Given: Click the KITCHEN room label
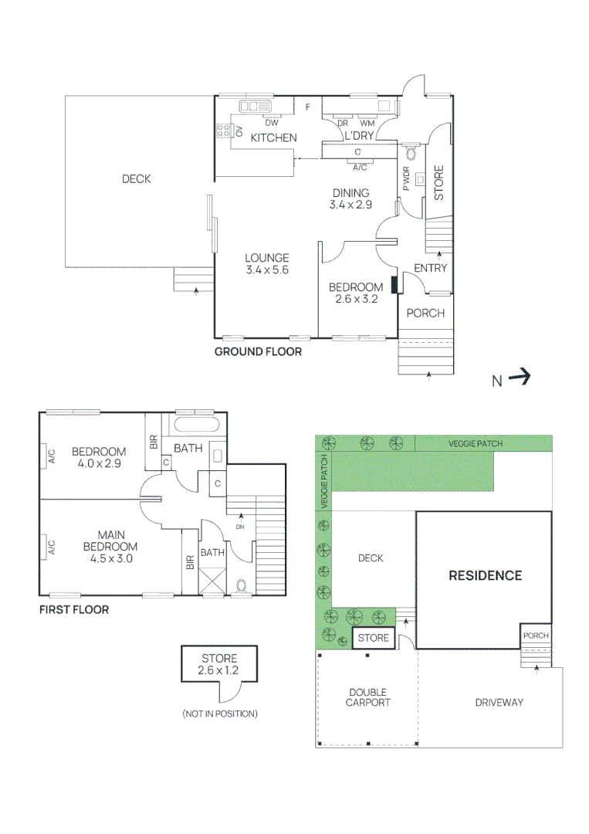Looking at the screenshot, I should click(x=273, y=137).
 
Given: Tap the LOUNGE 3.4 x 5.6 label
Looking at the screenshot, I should click(x=267, y=264).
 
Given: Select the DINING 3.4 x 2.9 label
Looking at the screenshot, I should click(x=350, y=199).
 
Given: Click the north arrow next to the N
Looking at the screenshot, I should click(x=521, y=378).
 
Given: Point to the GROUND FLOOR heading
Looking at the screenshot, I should click(x=258, y=351).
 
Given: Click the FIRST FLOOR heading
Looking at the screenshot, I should click(x=73, y=609).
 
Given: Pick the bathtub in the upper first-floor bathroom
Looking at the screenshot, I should click(x=197, y=425).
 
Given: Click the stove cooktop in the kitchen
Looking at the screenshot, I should click(x=224, y=131).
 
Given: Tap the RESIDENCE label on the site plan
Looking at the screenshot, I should click(x=486, y=575).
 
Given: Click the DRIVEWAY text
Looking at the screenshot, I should click(x=499, y=702).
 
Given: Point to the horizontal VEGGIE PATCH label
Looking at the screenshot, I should click(x=476, y=443).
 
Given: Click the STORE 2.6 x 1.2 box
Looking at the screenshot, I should click(x=220, y=664).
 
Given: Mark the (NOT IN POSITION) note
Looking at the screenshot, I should click(x=220, y=714).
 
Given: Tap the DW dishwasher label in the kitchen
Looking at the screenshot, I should click(x=271, y=123).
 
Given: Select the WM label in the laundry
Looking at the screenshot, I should click(x=367, y=123).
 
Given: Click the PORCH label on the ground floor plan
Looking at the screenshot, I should click(x=425, y=313).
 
